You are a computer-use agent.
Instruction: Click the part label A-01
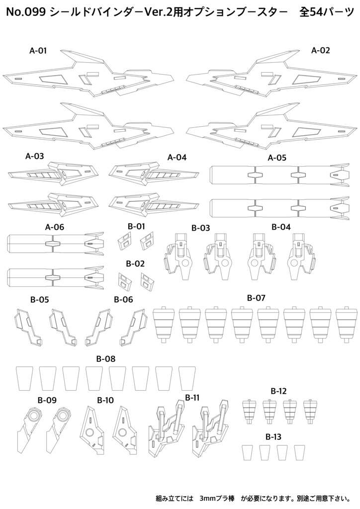[x=38, y=51]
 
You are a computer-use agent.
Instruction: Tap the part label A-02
[x=320, y=50]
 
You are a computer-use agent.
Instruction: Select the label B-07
[x=256, y=298]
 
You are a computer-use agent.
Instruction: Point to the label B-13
[x=273, y=437]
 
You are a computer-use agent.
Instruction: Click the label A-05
[x=277, y=158]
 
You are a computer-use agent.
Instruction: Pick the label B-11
[x=192, y=397]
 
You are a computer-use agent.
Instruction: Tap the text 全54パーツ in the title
[x=326, y=12]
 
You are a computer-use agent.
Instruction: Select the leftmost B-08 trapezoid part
[x=24, y=378]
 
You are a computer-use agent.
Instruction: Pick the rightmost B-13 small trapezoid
[x=299, y=452]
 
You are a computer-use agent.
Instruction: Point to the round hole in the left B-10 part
[x=90, y=432]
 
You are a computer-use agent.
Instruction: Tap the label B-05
[x=40, y=300]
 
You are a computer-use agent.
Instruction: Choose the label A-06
[x=55, y=227]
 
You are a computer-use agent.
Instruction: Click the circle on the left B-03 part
[x=185, y=263]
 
